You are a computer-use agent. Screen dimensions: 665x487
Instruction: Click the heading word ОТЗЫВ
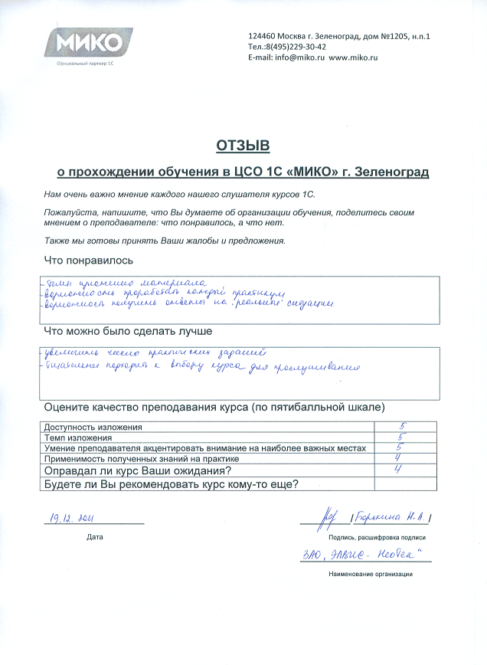tap(243, 145)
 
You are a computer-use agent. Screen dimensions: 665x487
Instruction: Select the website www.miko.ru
tap(356, 57)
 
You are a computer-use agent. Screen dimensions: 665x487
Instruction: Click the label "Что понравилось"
tap(88, 260)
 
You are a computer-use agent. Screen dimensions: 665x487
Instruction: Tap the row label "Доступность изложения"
tap(93, 427)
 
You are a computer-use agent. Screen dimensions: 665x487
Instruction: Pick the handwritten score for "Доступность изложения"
tap(402, 426)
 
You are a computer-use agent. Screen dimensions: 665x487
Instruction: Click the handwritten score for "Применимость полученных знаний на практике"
tap(400, 457)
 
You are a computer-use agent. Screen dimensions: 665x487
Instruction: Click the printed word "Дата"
tap(94, 537)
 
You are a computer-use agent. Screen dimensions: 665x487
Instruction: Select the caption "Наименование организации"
tap(370, 574)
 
